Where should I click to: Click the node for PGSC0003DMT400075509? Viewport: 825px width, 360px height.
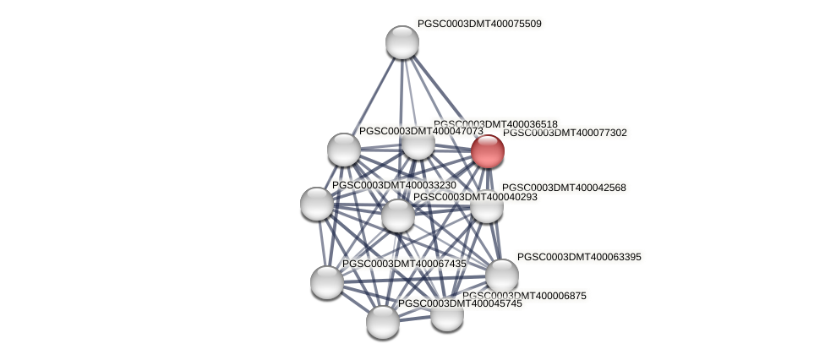(402, 42)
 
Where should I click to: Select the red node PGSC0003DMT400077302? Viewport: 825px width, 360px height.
(488, 151)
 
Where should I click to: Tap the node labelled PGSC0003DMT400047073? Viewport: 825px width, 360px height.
(344, 150)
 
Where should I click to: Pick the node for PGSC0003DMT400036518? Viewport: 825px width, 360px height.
(418, 144)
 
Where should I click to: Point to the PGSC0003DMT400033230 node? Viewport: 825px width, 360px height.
(317, 203)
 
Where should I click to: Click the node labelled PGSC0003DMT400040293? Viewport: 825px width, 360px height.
(398, 215)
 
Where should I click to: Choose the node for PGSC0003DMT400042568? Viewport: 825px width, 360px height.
(486, 206)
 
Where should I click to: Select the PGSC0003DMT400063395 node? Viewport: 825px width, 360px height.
(502, 275)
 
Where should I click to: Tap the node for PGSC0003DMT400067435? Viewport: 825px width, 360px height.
(327, 281)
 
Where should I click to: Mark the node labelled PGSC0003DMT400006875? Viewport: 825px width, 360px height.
(447, 314)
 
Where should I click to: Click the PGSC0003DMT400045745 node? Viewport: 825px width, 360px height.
(383, 321)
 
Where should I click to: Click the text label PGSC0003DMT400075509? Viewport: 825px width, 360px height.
(479, 24)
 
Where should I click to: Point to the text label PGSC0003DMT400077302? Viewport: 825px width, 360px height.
(565, 133)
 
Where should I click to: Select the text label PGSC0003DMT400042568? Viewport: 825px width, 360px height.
(564, 188)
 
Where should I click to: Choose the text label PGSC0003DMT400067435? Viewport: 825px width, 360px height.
(404, 265)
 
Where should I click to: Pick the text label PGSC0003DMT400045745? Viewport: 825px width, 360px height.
(460, 303)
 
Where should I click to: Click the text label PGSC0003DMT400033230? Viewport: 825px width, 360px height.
(394, 185)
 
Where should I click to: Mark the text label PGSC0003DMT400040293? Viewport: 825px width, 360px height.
(474, 197)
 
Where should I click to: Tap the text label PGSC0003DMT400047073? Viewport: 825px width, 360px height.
(420, 131)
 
